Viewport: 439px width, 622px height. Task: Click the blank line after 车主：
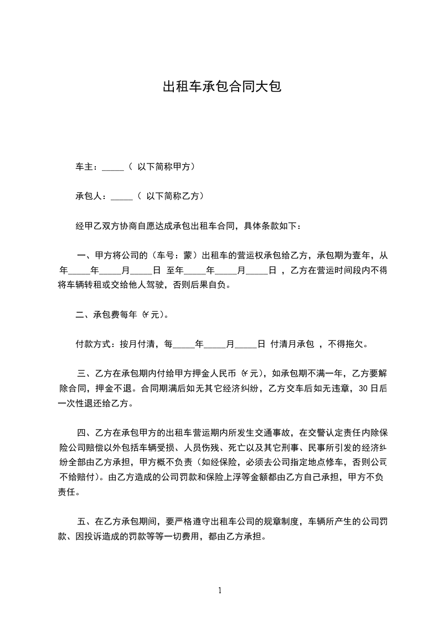113,167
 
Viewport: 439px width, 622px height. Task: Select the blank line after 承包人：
122,196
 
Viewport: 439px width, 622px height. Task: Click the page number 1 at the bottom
220,590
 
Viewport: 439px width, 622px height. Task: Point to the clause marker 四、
85,431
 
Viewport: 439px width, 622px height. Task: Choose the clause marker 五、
85,522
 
